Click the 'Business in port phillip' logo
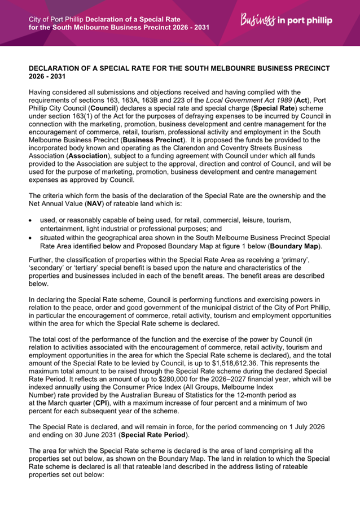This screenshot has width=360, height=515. tap(286, 21)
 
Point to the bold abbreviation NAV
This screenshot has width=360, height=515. tap(79, 204)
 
